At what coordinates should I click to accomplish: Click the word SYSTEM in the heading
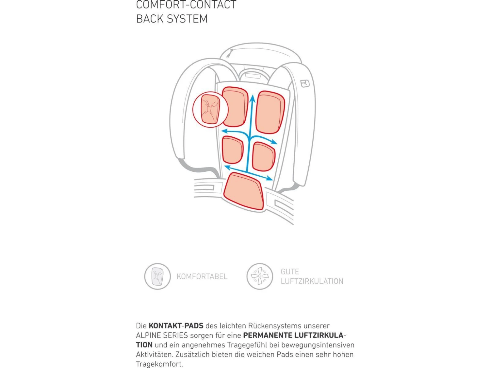pos(187,19)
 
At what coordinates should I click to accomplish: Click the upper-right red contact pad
pos(270,112)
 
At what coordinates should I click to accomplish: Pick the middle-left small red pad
pos(232,150)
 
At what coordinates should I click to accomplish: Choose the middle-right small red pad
pos(264,156)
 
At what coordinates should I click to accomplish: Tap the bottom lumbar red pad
pos(244,192)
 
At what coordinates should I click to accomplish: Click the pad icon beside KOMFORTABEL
pos(157,276)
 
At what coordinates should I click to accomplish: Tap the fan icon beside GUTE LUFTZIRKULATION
pos(260,276)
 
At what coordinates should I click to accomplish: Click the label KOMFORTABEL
pos(202,277)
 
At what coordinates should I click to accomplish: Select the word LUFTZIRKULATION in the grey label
pos(312,281)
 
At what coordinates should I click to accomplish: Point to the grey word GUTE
pos(290,272)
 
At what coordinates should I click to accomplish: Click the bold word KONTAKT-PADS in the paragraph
pos(176,326)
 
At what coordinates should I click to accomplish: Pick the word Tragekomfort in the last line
pos(159,364)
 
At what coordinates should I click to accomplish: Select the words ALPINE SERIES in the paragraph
pos(162,335)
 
